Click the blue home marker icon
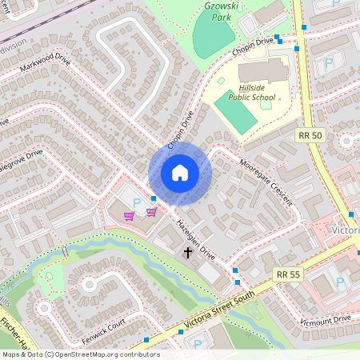(x=180, y=173)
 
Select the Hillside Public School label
(x=251, y=92)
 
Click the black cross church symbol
(x=189, y=254)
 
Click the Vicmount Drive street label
(x=325, y=319)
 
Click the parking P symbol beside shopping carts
(x=136, y=202)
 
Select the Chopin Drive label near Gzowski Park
(x=253, y=46)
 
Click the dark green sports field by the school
(x=234, y=117)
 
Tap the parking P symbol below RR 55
(x=340, y=282)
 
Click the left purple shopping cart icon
(x=129, y=215)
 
